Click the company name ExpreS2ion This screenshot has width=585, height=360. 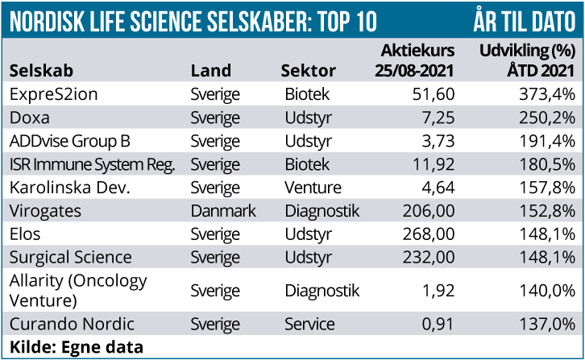tap(53, 94)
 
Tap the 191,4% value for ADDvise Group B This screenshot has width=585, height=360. tap(546, 141)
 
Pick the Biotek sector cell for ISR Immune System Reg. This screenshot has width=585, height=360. tap(307, 164)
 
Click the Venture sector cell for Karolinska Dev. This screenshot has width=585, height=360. tap(313, 188)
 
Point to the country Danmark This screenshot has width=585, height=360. tap(223, 211)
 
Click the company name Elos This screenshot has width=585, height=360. tap(25, 234)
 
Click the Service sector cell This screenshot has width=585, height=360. tap(309, 325)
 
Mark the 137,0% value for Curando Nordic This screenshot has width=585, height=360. tap(546, 325)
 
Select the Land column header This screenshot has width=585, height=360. tap(211, 71)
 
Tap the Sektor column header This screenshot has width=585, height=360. tap(309, 71)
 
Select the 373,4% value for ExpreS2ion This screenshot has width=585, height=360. tap(546, 94)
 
